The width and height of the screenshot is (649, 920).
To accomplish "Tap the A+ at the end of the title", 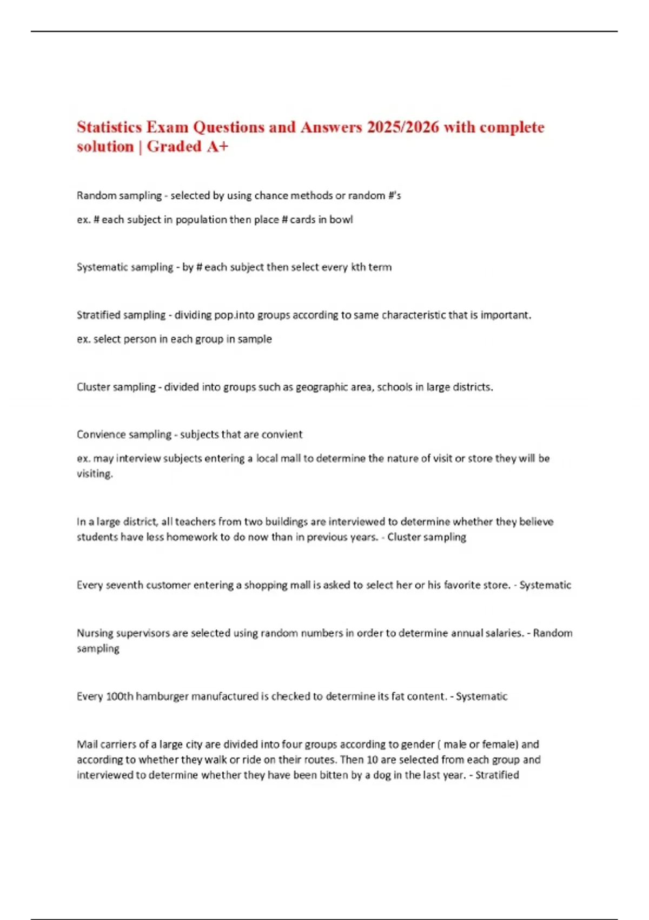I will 217,147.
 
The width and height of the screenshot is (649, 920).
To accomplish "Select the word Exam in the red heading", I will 168,127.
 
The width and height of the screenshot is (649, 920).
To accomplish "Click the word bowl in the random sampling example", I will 341,220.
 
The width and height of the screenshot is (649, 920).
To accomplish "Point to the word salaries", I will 500,633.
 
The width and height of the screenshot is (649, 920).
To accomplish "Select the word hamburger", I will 162,696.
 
